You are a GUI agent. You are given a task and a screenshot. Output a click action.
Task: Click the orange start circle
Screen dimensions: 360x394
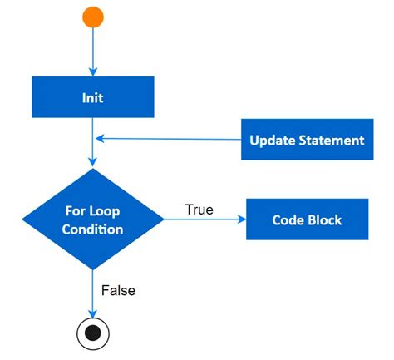click(93, 17)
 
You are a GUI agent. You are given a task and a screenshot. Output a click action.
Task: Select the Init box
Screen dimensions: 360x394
click(92, 97)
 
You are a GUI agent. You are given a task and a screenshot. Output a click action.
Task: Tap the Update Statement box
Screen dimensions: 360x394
click(307, 140)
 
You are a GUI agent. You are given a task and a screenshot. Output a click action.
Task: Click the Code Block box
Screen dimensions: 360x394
click(307, 219)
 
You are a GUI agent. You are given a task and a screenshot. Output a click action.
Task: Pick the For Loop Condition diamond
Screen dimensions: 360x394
click(92, 219)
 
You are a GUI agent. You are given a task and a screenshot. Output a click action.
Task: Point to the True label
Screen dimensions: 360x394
click(199, 210)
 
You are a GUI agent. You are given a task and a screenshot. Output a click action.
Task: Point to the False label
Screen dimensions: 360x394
click(118, 290)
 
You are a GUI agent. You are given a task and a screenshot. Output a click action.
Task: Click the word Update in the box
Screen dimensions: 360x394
click(273, 141)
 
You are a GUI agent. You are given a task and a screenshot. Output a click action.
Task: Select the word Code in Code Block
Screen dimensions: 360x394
click(288, 220)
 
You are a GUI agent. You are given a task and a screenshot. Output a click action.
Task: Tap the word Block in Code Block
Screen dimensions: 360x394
click(325, 220)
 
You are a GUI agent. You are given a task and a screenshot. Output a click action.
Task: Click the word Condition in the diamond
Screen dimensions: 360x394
click(92, 229)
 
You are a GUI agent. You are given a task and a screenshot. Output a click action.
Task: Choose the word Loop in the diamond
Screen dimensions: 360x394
click(108, 211)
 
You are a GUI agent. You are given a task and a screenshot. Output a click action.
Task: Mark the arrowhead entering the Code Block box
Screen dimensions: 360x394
click(242, 219)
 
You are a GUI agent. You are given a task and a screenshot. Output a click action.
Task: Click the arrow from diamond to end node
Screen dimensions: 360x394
click(93, 291)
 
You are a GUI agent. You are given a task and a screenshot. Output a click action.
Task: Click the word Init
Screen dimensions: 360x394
click(92, 97)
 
